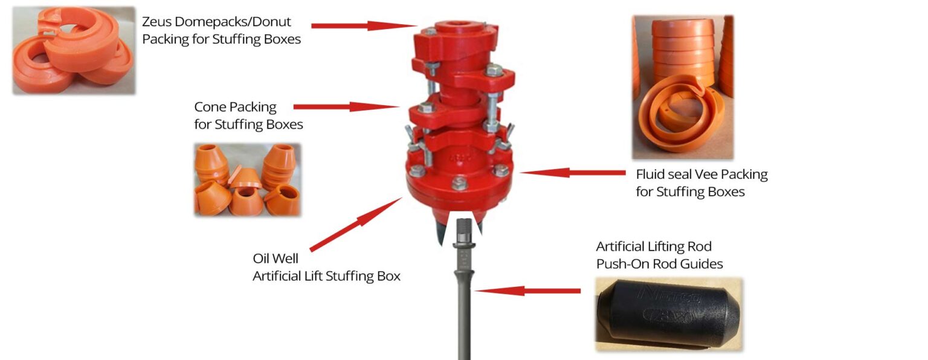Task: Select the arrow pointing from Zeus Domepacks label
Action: (x=362, y=26)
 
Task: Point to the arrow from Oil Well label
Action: (x=356, y=224)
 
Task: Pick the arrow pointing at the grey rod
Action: (x=526, y=291)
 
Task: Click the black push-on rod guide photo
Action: (x=668, y=314)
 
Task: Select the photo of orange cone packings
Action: (x=247, y=179)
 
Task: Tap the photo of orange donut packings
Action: (x=74, y=51)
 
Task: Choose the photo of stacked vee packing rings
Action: (x=683, y=88)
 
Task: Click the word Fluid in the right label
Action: (x=652, y=175)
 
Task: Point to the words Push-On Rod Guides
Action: (x=659, y=264)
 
